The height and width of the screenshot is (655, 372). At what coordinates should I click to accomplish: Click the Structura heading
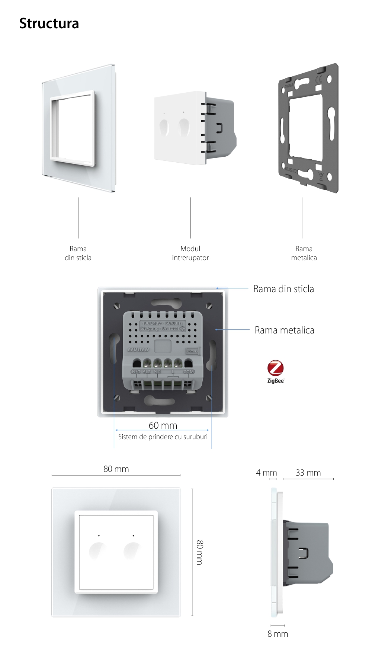pos(49,23)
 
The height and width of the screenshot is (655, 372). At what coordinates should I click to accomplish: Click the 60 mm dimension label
pos(163,425)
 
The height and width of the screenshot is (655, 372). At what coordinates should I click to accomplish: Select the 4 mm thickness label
pos(266,473)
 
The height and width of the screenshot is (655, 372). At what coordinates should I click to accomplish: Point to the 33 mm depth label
pos(308,473)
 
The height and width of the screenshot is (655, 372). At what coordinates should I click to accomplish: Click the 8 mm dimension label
pos(278,634)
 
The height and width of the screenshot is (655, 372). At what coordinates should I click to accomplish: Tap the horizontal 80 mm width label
pos(116,469)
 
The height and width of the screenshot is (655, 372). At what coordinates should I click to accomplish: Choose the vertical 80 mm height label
pos(200,552)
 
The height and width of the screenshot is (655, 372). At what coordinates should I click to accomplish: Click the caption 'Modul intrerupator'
pos(190,253)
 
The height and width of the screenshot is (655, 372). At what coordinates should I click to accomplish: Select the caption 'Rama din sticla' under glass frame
pos(78,253)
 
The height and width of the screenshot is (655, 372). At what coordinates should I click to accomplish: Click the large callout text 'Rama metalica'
pos(284,330)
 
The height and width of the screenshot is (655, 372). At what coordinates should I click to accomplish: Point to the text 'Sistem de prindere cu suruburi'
pos(163,437)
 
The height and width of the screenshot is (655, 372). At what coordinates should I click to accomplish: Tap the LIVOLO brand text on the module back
pos(138,349)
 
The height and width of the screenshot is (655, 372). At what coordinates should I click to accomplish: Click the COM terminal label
pos(189,372)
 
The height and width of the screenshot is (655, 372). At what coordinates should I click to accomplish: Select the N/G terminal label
pos(136,372)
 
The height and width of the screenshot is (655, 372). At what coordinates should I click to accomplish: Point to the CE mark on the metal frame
pos(319,80)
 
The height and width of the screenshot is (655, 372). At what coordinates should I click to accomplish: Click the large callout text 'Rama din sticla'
pos(283,289)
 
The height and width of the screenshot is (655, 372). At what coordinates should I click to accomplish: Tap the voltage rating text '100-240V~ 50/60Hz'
pos(163,323)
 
